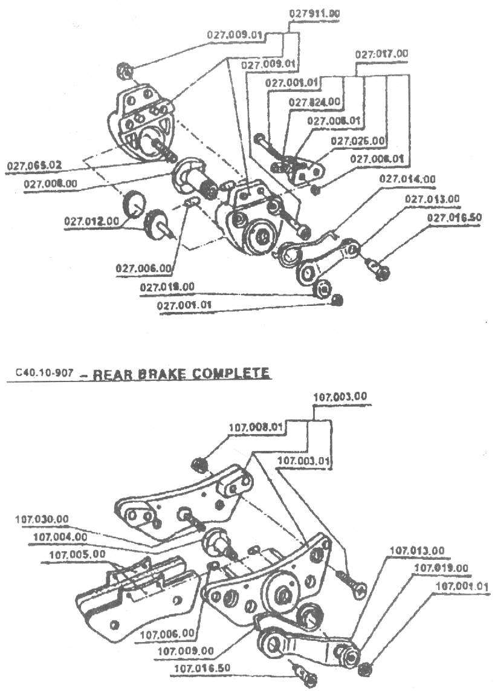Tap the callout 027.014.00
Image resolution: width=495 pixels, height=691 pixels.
point(407,179)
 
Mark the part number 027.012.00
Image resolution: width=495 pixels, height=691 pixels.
point(91,221)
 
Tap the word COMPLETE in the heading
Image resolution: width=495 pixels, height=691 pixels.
point(231,373)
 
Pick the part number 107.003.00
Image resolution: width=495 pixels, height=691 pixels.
point(341,397)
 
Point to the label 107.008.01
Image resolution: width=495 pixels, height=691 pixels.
point(256,427)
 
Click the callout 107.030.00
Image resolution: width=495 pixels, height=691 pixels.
point(42,519)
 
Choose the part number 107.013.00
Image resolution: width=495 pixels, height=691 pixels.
point(416,551)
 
